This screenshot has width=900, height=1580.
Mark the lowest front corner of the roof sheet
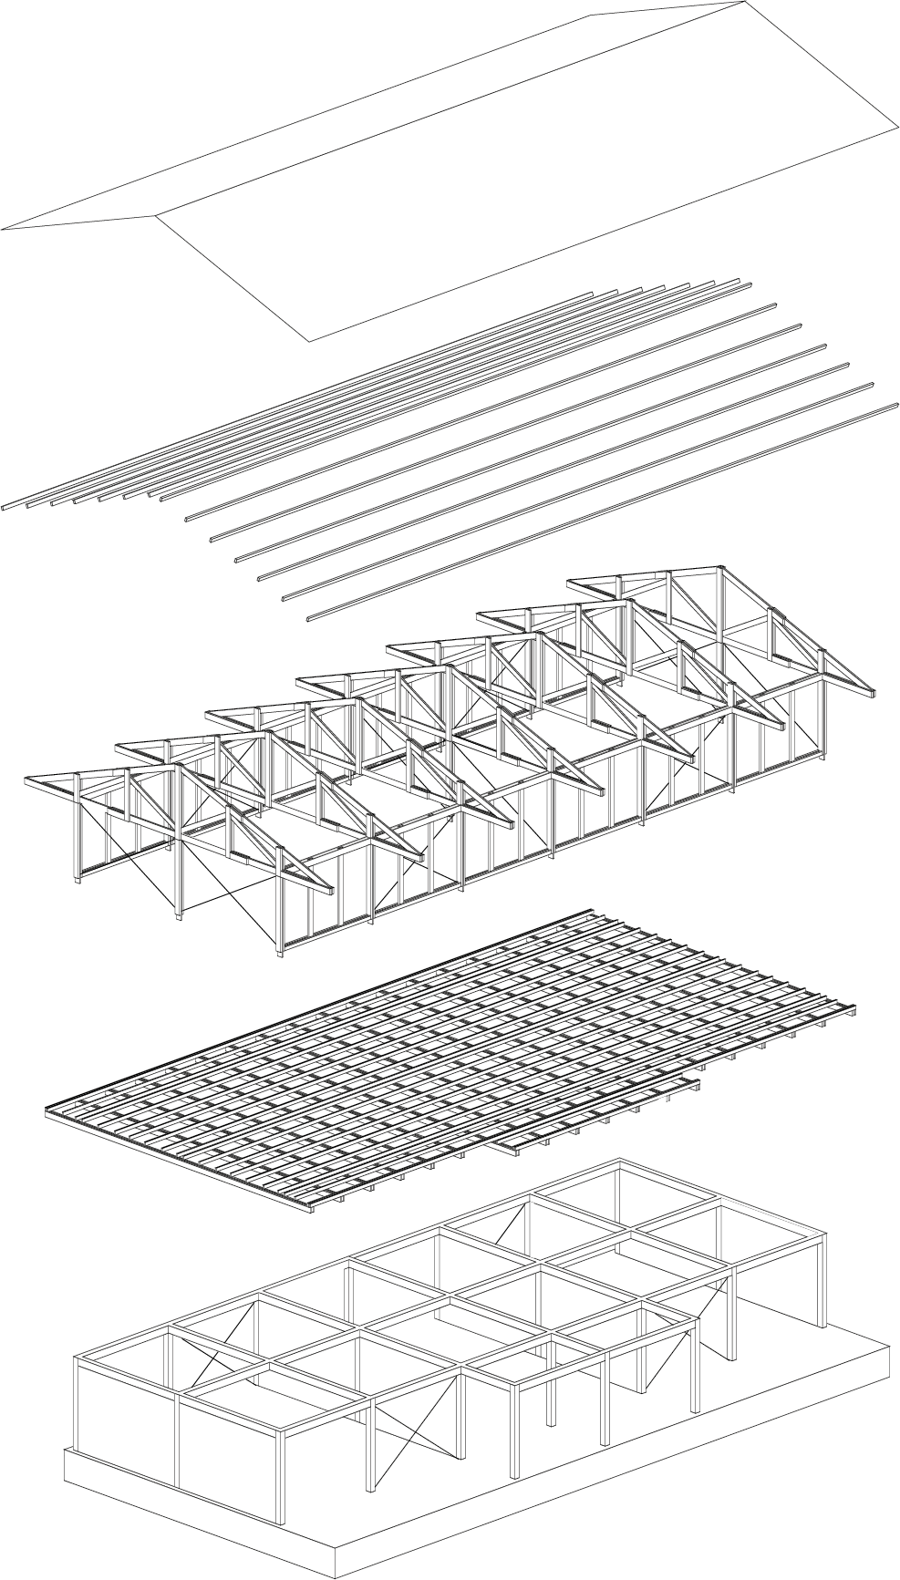(x=310, y=341)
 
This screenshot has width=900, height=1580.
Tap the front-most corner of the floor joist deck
(x=308, y=1208)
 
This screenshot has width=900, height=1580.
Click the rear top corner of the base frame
(x=620, y=1163)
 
